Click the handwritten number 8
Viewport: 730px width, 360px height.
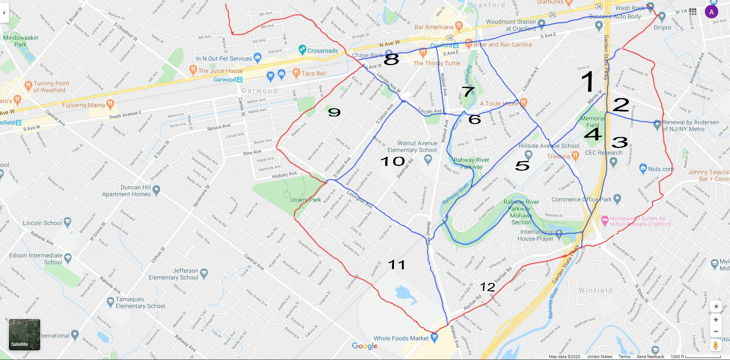pos(391,59)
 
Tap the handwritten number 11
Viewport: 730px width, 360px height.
pos(396,264)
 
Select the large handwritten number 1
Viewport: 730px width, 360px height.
pos(588,81)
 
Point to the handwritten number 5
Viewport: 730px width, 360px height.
pos(522,165)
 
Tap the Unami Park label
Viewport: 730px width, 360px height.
pos(305,200)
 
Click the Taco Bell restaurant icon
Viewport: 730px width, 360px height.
pos(296,73)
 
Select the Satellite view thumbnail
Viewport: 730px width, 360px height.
pos(24,335)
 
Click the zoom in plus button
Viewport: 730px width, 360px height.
pos(716,320)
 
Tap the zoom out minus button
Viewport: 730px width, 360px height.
pos(716,331)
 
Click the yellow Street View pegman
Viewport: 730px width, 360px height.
pos(716,346)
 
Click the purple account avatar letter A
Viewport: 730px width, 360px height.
pos(711,12)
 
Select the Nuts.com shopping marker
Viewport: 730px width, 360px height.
pos(643,168)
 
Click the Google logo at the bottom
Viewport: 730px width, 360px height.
pos(364,346)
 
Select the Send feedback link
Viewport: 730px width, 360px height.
pos(650,357)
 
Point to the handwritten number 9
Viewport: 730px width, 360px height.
pos(334,112)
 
